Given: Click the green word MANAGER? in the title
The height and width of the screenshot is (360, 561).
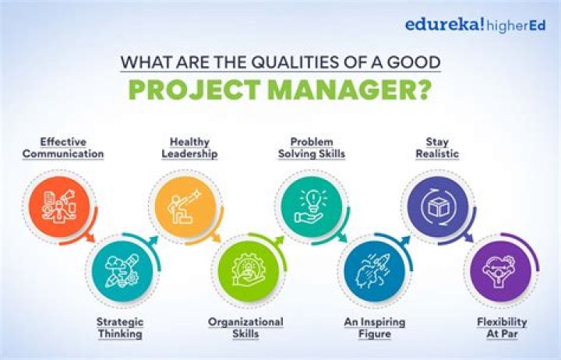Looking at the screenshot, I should pos(358,90).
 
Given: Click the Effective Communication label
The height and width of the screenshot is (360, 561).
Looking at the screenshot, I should pos(63,148).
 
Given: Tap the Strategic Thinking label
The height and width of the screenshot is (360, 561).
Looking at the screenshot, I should pos(119,328).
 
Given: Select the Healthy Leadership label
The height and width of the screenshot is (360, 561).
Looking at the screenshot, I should pos(189,148).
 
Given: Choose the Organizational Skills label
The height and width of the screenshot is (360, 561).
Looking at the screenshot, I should pos(245,328).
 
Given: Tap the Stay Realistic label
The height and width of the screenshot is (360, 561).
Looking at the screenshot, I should pos(436,148).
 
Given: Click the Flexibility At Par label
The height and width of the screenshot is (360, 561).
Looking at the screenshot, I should pos(502,328).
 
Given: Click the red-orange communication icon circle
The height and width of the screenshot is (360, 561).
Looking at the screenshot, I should pos(59,206).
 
